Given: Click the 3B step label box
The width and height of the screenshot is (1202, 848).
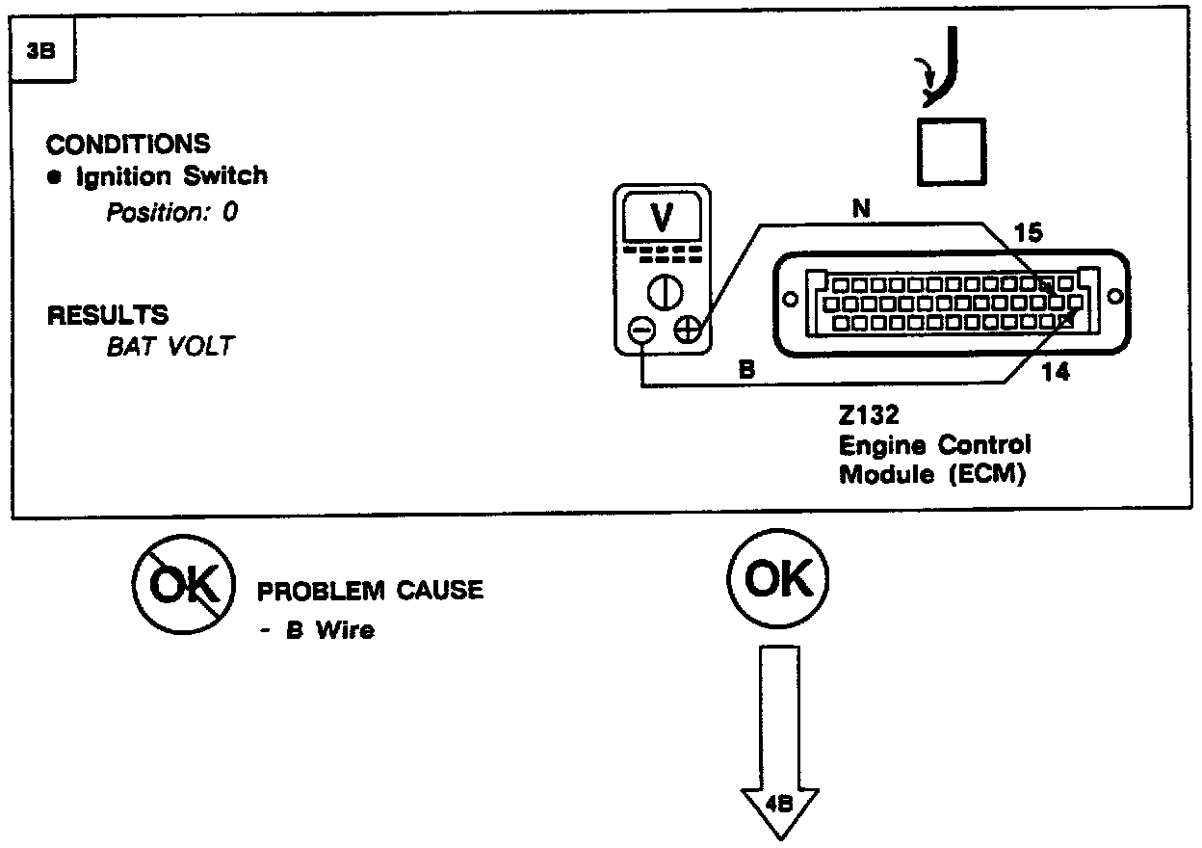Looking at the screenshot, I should (x=41, y=53).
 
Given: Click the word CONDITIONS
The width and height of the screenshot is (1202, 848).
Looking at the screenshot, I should (x=128, y=145).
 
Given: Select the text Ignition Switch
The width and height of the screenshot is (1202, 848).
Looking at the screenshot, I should (x=171, y=176).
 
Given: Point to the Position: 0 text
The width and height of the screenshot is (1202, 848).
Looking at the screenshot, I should (x=171, y=212).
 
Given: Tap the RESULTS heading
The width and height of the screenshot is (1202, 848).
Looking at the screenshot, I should (x=107, y=315).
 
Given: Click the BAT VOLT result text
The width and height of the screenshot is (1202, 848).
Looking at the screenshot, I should (x=170, y=347).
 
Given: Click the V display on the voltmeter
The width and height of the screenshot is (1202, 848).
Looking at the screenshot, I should (x=663, y=219).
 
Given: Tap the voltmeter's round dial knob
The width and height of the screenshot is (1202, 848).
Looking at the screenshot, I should (x=664, y=290).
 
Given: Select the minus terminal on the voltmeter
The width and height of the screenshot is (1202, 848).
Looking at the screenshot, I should (x=640, y=331).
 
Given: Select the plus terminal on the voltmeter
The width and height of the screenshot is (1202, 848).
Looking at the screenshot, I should (x=687, y=331).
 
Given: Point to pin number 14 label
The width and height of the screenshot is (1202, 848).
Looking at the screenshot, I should (x=1056, y=372).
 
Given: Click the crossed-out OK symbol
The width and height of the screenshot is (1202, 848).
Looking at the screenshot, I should (x=183, y=587).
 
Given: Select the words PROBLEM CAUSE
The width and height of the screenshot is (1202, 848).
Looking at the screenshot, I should (x=370, y=591).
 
